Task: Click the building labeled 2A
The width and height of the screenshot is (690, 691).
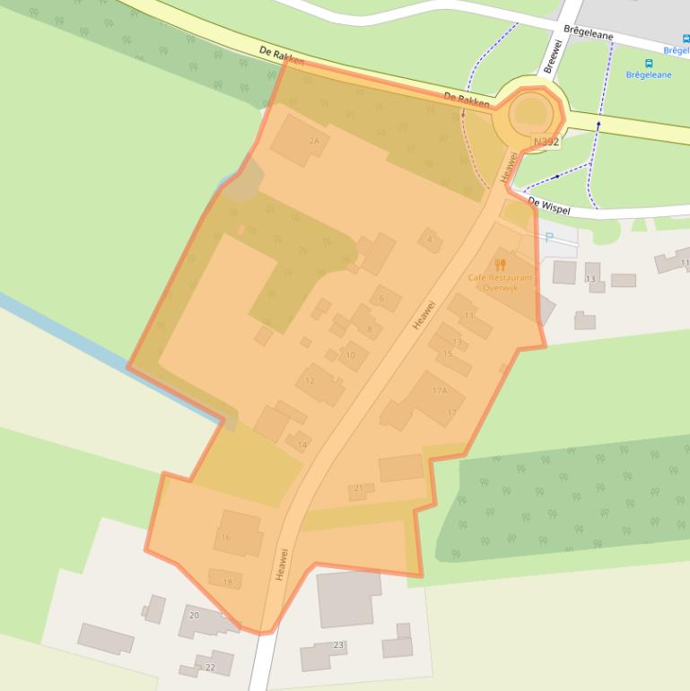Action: pyautogui.click(x=299, y=139)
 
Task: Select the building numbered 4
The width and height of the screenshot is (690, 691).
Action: pyautogui.click(x=430, y=240)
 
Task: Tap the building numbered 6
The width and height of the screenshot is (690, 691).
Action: pyautogui.click(x=385, y=298)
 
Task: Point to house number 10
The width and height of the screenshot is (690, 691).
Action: pyautogui.click(x=353, y=355)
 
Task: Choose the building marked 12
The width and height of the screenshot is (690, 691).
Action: pyautogui.click(x=319, y=384)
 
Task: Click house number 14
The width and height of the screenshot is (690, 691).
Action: pyautogui.click(x=300, y=442)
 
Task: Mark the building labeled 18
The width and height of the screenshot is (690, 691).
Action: pyautogui.click(x=225, y=580)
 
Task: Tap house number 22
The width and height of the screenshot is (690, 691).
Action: pyautogui.click(x=213, y=664)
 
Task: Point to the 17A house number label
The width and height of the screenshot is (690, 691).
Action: pyautogui.click(x=440, y=390)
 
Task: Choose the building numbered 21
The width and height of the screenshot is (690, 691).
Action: pyautogui.click(x=361, y=490)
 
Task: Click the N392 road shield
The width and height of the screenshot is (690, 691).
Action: pyautogui.click(x=546, y=142)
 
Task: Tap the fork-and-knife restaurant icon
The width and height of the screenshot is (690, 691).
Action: pyautogui.click(x=501, y=265)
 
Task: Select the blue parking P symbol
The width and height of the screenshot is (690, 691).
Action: pyautogui.click(x=548, y=238)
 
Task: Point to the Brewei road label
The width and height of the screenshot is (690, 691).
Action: pyautogui.click(x=552, y=56)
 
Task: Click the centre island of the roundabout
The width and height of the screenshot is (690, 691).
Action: pyautogui.click(x=531, y=112)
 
